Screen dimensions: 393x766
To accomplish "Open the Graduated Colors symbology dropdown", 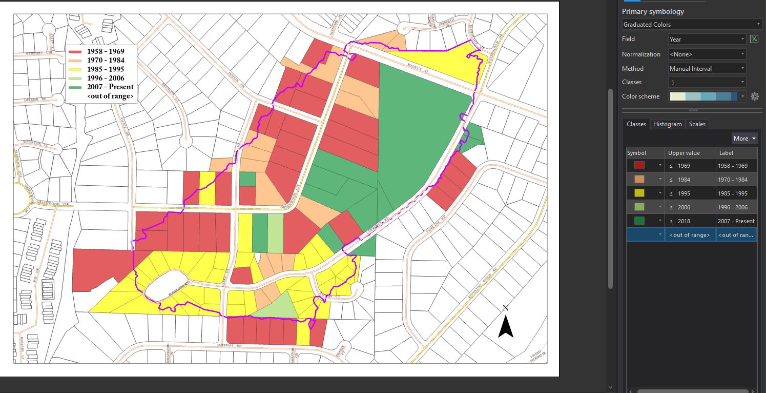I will pos(692,24).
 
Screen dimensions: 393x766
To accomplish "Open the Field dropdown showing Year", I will pos(707,39).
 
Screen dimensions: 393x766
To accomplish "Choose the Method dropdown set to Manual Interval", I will pos(707,68).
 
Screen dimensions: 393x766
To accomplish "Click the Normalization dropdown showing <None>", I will pos(707,54).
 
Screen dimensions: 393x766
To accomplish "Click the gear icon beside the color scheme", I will pos(754,96).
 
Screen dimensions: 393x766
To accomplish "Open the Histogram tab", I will pos(667,124).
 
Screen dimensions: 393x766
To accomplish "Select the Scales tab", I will pos(697,124).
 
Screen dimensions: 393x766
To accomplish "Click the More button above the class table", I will pos(744,139).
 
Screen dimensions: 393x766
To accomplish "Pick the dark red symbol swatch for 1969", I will pos(639,166).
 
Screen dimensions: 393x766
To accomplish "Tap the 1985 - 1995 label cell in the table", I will pos(736,193).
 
